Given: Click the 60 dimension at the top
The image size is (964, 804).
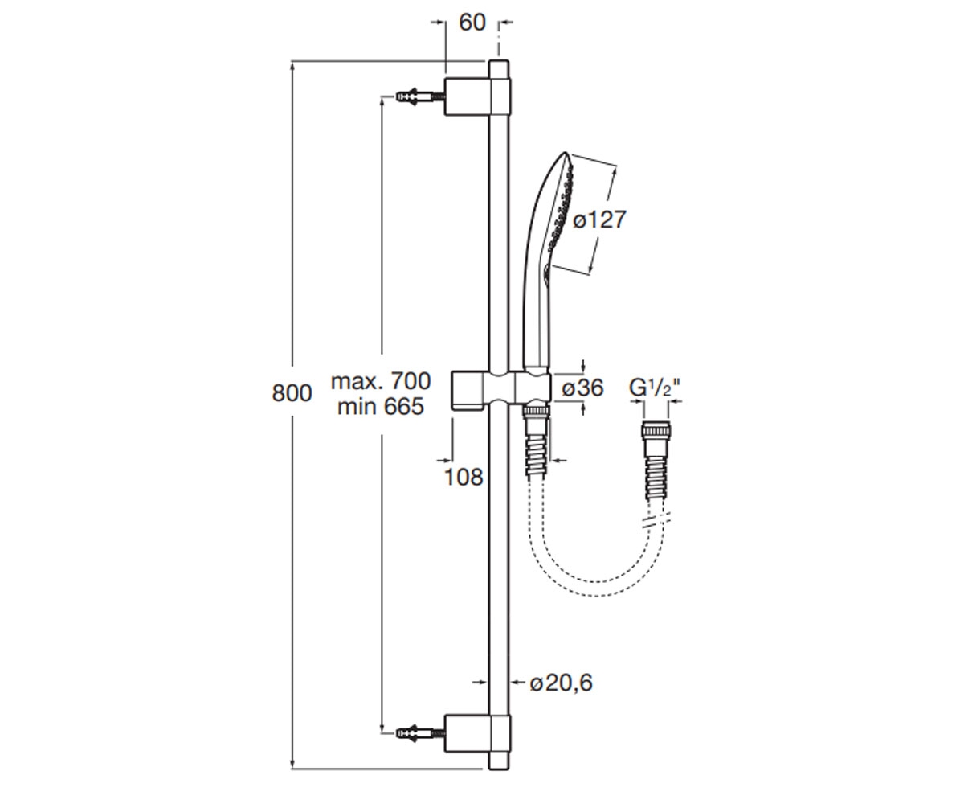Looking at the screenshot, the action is [x=472, y=23].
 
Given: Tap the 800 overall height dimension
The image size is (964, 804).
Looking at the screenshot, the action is [x=292, y=393].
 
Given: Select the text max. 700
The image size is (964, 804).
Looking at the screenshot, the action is [x=381, y=381].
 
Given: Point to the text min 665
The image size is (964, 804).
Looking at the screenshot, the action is [x=381, y=407].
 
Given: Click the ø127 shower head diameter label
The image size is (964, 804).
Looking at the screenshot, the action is [x=599, y=219].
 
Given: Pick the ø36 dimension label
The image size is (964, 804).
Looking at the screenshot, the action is [x=582, y=388].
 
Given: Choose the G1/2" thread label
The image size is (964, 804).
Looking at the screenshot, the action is [x=656, y=388].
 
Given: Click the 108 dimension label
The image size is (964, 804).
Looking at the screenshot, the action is [x=463, y=477].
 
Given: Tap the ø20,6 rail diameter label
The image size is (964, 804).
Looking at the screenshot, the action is [x=561, y=683].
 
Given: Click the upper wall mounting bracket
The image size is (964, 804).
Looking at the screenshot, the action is [x=477, y=96].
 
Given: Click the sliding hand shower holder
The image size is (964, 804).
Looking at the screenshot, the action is [x=500, y=390].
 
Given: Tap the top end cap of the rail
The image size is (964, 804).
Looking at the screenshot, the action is [x=499, y=69].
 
